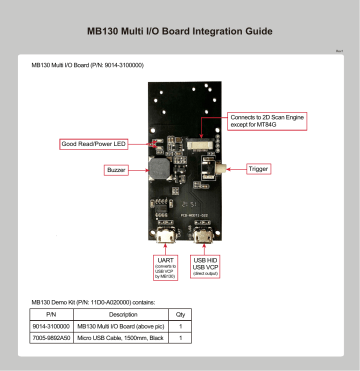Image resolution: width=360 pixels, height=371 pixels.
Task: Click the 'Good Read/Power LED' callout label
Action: (91, 145)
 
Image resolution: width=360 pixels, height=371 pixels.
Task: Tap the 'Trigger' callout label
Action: (259, 169)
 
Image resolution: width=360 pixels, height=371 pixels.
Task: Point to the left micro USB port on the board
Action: (163, 239)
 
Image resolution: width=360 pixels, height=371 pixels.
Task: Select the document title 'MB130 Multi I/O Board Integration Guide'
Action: (180, 31)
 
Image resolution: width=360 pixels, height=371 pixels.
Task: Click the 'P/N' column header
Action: (50, 313)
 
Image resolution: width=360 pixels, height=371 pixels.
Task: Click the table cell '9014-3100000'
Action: (51, 326)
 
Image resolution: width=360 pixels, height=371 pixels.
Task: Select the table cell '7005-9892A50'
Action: (51, 339)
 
